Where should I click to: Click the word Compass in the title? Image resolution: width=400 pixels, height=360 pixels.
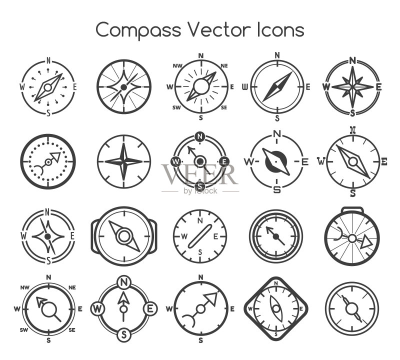(x=138, y=30)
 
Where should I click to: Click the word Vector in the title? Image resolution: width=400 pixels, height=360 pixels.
(x=220, y=29)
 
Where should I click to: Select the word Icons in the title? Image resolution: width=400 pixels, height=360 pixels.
(x=281, y=29)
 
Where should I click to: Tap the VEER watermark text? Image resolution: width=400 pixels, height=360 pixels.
(x=199, y=174)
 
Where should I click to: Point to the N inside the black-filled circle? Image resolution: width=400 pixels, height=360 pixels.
(x=200, y=137)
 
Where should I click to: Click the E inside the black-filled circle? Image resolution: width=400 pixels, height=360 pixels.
(x=224, y=161)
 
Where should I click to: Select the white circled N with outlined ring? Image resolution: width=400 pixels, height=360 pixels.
(x=124, y=282)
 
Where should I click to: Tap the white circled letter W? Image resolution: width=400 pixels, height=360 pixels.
(x=97, y=309)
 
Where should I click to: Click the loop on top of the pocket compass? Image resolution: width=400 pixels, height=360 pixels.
(x=352, y=209)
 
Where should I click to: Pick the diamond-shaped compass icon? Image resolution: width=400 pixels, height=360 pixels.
(x=276, y=309)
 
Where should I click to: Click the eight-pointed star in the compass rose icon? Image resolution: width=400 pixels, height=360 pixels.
(x=352, y=87)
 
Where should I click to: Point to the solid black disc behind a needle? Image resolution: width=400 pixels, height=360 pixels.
(x=276, y=161)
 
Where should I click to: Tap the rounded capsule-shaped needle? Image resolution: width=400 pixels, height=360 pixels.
(x=199, y=236)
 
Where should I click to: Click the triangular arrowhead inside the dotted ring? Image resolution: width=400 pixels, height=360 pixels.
(x=55, y=156)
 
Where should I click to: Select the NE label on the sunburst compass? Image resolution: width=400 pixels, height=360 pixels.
(x=224, y=66)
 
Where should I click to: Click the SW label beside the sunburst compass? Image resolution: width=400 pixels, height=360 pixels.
(x=176, y=107)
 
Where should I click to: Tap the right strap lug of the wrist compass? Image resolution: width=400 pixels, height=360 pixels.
(x=153, y=236)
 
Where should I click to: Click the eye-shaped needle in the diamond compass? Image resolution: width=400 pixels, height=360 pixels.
(x=276, y=308)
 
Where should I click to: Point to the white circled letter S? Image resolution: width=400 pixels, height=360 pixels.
(x=124, y=334)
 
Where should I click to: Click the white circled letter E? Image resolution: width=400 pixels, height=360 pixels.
(x=150, y=309)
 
